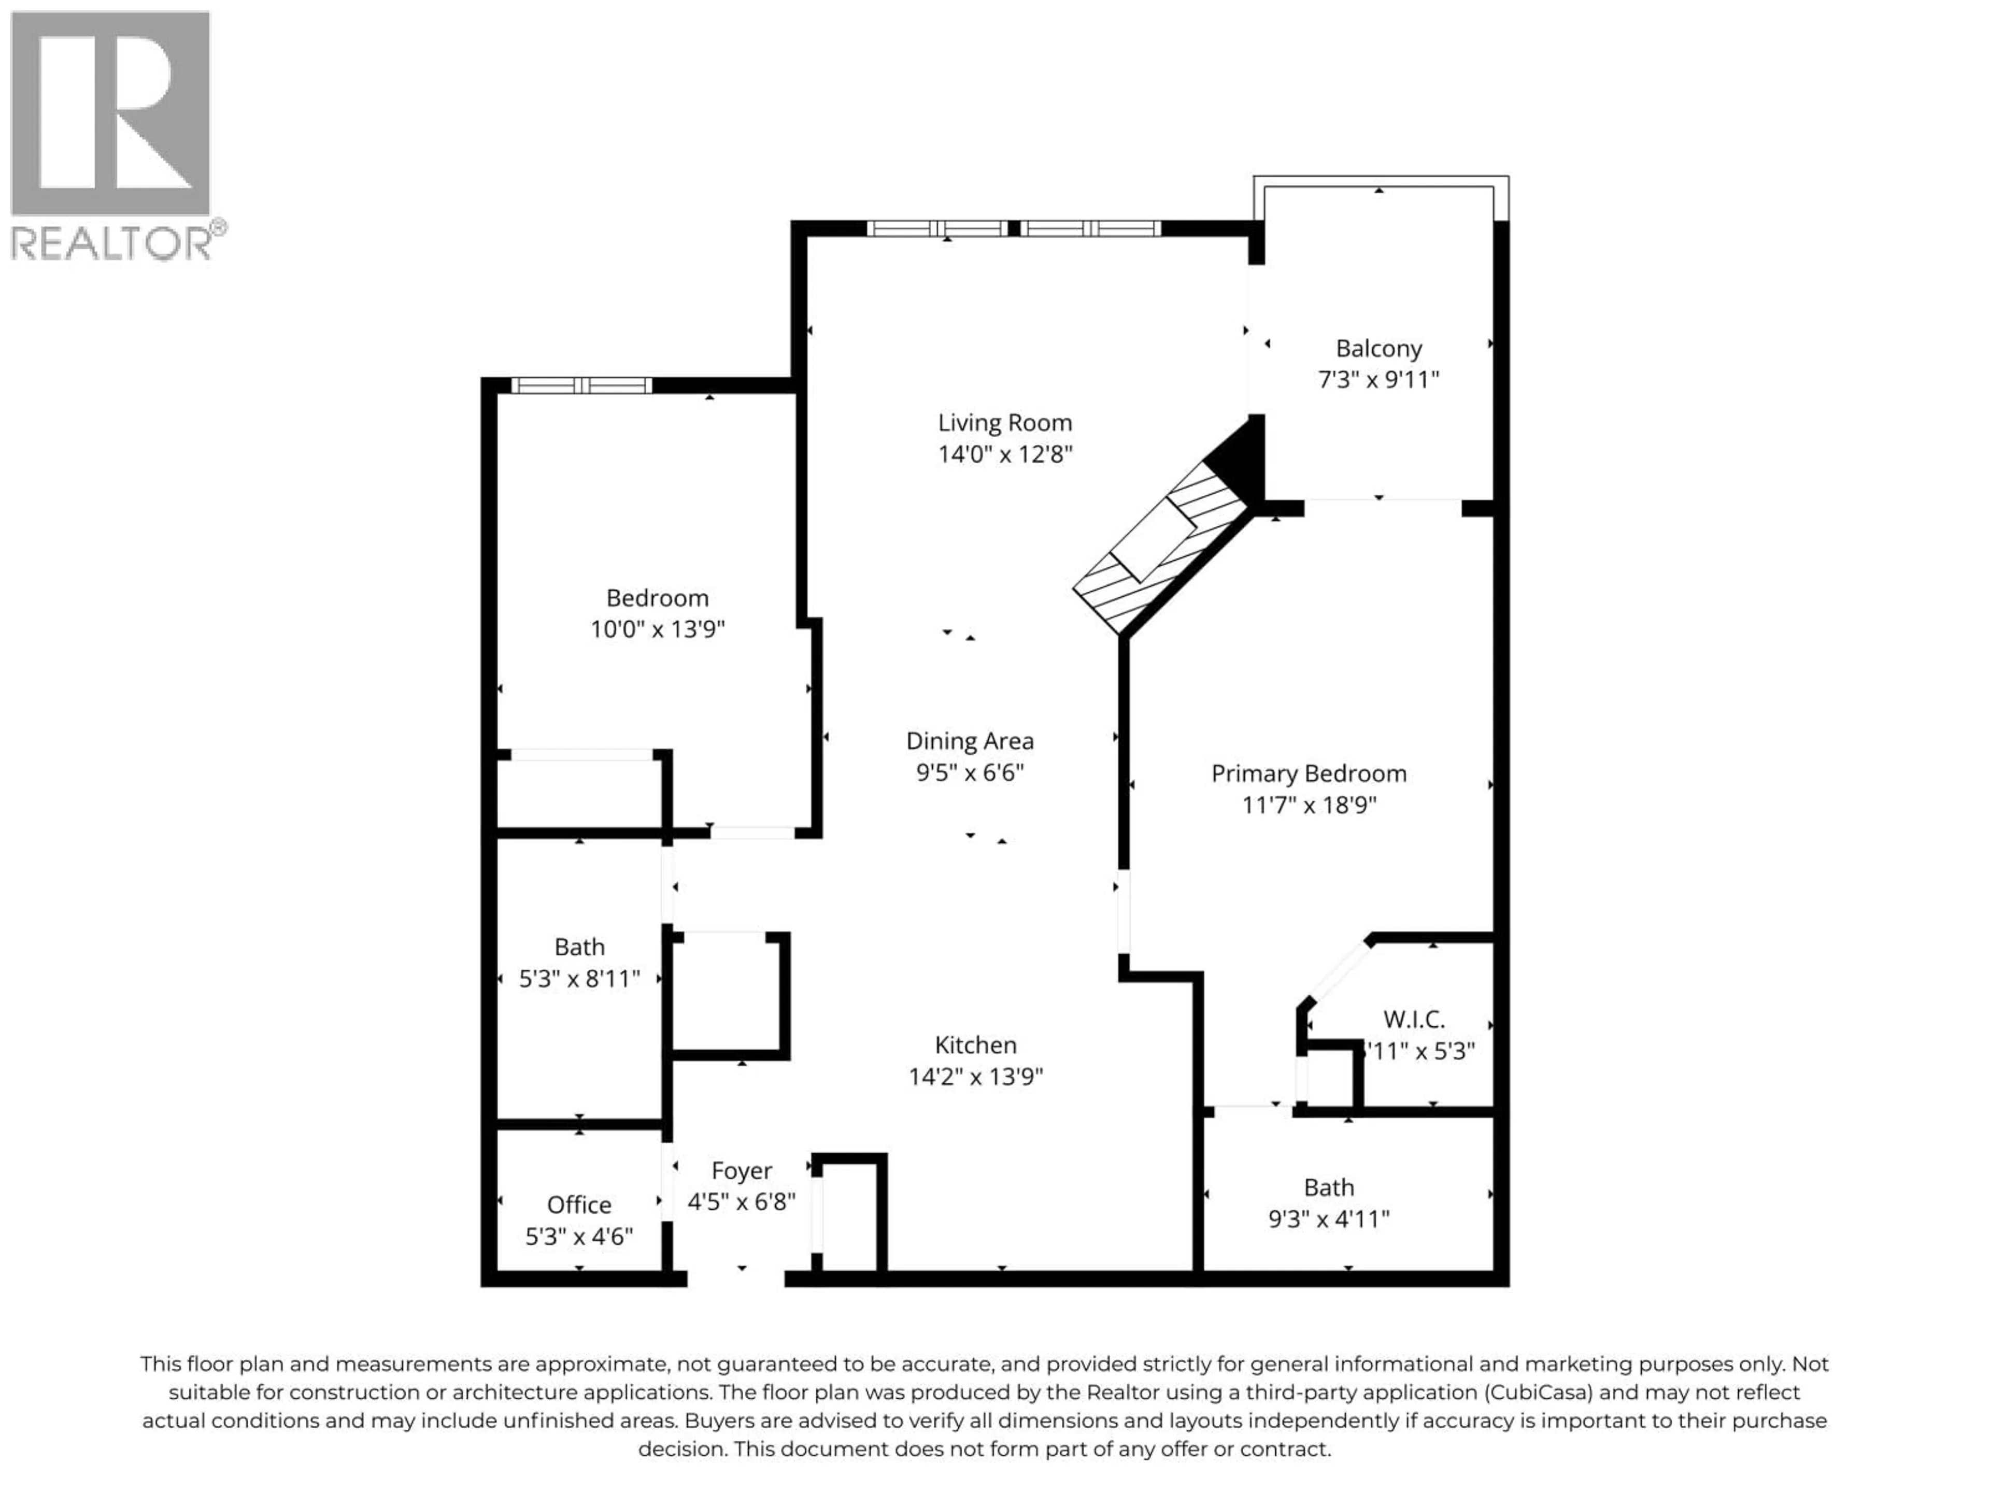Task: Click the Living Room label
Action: pyautogui.click(x=1005, y=423)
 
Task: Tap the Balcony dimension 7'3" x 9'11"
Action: pyautogui.click(x=1378, y=380)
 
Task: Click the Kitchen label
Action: pyautogui.click(x=975, y=1045)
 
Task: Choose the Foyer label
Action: pyautogui.click(x=741, y=1170)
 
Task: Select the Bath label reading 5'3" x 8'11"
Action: pyautogui.click(x=579, y=947)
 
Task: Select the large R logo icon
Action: pyautogui.click(x=110, y=112)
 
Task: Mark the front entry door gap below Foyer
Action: pyautogui.click(x=736, y=1278)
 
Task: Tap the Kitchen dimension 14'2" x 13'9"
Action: pyautogui.click(x=975, y=1077)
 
